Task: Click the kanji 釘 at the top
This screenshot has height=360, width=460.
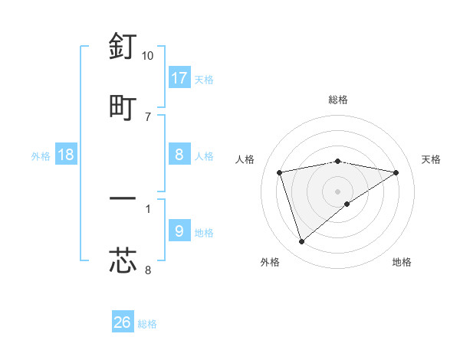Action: (x=123, y=47)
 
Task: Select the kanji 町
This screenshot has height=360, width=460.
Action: (x=123, y=106)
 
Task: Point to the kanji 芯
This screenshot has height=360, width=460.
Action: (x=123, y=260)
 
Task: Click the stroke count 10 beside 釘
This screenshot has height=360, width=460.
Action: (x=148, y=56)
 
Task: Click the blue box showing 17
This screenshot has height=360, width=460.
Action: (x=179, y=78)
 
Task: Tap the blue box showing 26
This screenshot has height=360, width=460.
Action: (x=123, y=322)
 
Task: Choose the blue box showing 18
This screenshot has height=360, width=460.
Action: (x=66, y=155)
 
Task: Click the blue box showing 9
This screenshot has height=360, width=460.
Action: (x=179, y=231)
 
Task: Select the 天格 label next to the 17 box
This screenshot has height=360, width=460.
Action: (x=204, y=79)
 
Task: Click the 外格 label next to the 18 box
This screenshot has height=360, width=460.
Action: (x=41, y=155)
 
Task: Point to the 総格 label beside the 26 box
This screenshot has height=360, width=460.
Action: (x=147, y=323)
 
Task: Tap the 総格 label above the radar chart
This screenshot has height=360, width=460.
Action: (x=338, y=100)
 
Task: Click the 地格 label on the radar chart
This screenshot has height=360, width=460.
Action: (x=402, y=262)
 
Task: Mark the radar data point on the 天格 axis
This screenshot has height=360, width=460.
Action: (x=396, y=172)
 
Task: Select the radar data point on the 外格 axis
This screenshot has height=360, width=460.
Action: (x=301, y=242)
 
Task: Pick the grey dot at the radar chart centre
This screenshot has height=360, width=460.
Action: (x=338, y=191)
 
